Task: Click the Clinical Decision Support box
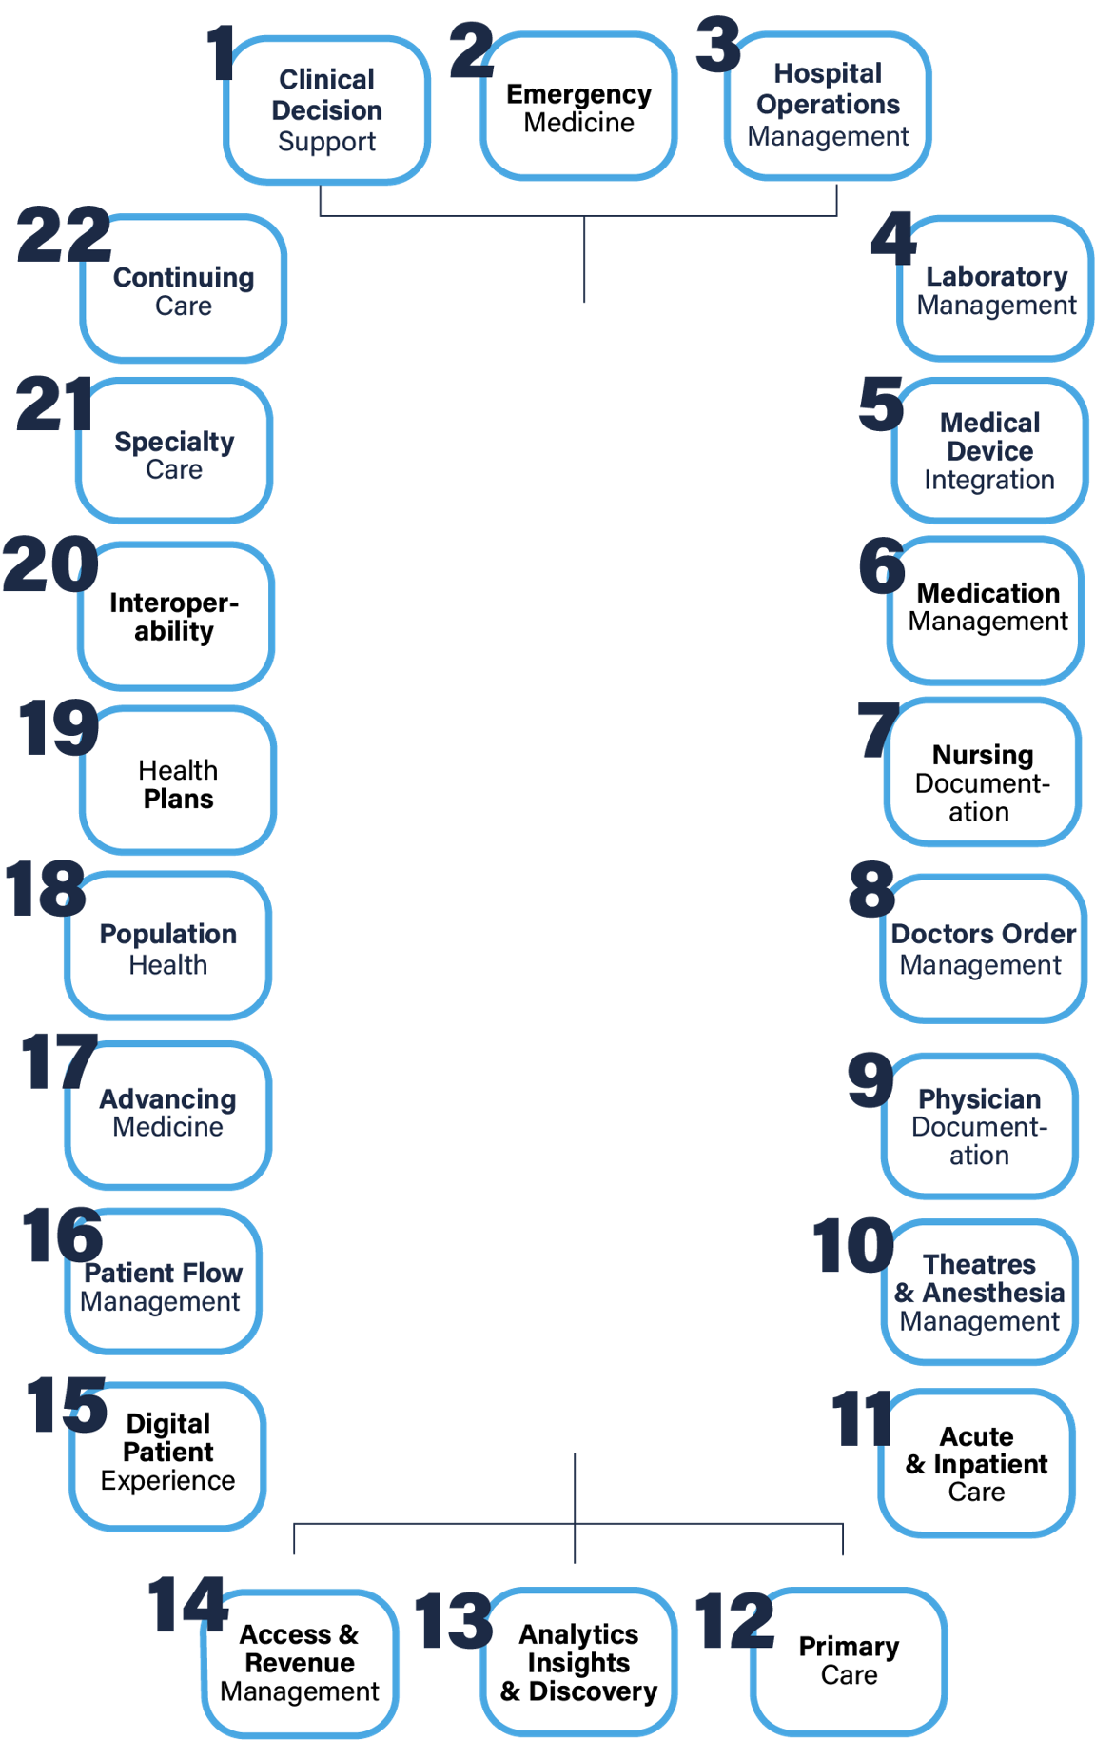pos(326,110)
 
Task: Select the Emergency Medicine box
pos(578,107)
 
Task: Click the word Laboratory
pos(996,277)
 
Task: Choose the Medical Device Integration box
pos(989,451)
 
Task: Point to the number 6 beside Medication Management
pos(881,565)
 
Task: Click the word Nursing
pos(982,755)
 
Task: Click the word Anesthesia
pos(992,1293)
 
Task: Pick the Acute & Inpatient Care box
pos(976,1464)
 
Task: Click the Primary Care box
pos(849,1661)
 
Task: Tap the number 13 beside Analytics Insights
pos(453,1622)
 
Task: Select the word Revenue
pos(299,1663)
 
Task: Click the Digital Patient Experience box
pos(167,1453)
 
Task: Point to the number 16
pos(61,1236)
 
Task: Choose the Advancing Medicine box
pos(167,1114)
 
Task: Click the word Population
pos(167,935)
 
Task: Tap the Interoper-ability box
pos(175,617)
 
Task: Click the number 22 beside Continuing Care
pos(63,235)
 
